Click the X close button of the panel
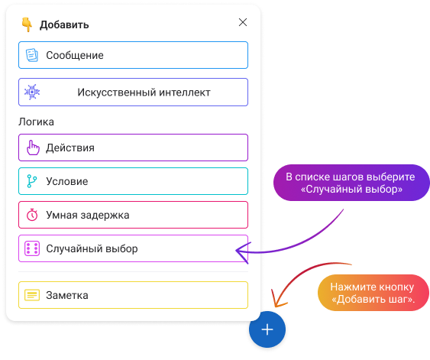click(x=243, y=22)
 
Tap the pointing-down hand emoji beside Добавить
click(x=27, y=24)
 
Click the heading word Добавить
click(x=64, y=24)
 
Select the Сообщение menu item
click(x=134, y=55)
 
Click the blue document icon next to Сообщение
click(x=32, y=55)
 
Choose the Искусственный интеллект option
click(x=134, y=92)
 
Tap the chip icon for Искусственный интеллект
click(x=32, y=92)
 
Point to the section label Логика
click(x=36, y=122)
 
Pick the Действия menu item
click(x=134, y=148)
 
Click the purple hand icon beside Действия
click(x=33, y=148)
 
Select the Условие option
click(x=134, y=181)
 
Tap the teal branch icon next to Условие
click(x=32, y=181)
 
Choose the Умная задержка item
click(x=134, y=215)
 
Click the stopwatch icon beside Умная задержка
click(x=32, y=215)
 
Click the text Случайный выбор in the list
click(x=92, y=248)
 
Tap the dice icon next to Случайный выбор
click(x=32, y=248)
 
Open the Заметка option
click(x=134, y=295)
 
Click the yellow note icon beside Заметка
click(x=32, y=295)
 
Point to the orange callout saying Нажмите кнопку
click(x=373, y=293)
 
